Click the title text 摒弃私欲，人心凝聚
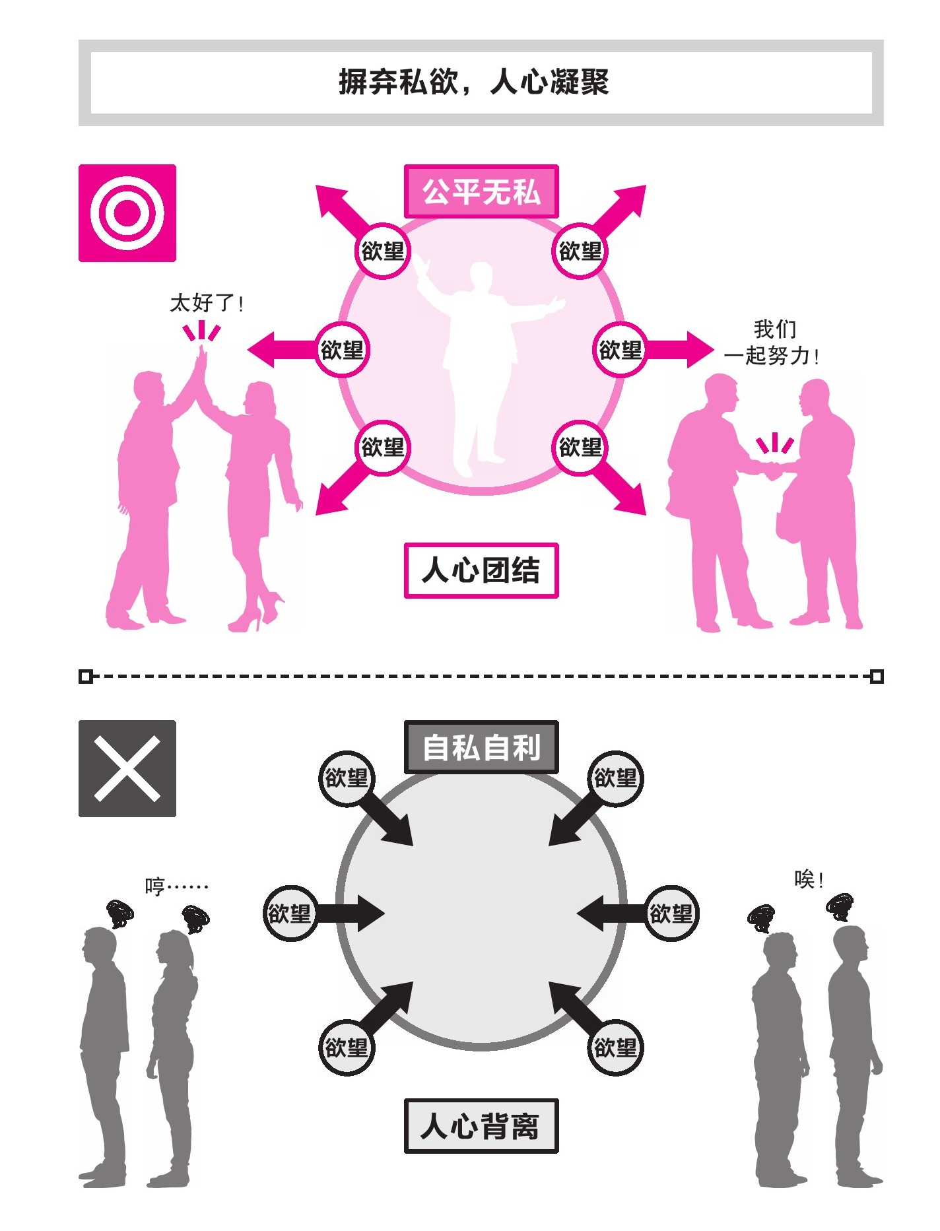coord(473,83)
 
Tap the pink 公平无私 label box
coord(481,192)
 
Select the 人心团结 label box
coord(481,570)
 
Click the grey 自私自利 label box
coord(481,747)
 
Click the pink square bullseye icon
coord(127,213)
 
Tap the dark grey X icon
coord(127,768)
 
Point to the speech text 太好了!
coord(207,304)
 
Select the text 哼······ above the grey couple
coord(176,886)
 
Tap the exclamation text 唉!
coord(809,880)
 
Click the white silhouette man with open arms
coord(483,356)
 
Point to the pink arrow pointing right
coord(680,349)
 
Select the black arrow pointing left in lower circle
coord(611,914)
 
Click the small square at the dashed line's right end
coord(877,677)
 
